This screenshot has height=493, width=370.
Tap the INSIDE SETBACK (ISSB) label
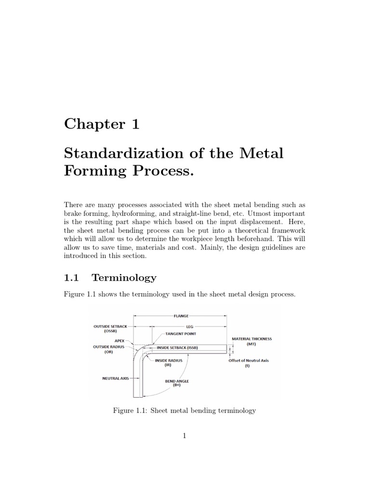[177, 348]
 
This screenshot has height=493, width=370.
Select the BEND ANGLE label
[176, 383]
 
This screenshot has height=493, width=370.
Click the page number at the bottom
[185, 436]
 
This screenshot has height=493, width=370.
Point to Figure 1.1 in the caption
[127, 411]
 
